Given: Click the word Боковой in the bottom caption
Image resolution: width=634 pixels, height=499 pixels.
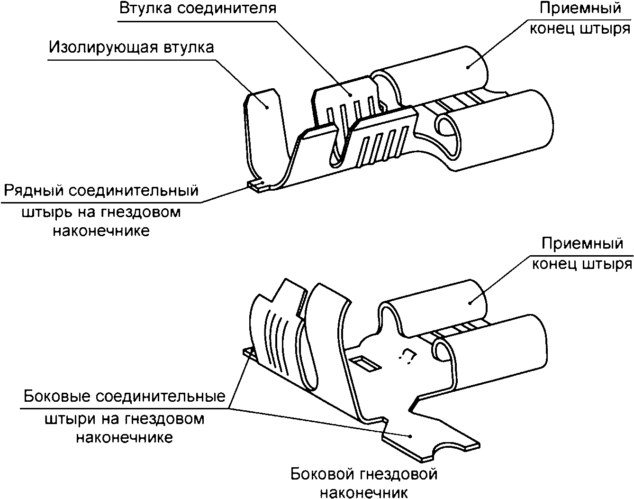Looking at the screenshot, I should [322, 473].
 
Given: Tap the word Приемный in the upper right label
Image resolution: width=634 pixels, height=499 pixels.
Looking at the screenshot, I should [581, 9].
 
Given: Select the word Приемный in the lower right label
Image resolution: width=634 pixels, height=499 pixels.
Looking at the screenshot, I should [582, 244].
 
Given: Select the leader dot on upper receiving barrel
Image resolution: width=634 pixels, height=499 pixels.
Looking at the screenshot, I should [467, 67].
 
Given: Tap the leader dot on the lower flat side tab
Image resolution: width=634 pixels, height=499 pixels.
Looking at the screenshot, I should [410, 435].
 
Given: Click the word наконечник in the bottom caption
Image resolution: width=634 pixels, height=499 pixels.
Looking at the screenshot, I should [364, 492].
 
